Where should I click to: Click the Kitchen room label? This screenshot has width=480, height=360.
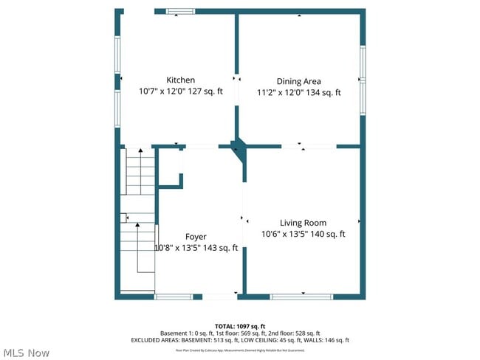click(x=180, y=80)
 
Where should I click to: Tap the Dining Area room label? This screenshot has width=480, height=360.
click(x=298, y=81)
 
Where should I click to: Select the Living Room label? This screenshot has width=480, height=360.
click(x=303, y=223)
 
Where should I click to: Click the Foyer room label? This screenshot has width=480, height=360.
click(x=196, y=237)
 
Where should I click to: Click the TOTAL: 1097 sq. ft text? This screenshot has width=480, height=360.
click(x=240, y=326)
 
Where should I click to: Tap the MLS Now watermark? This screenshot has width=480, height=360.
click(x=26, y=353)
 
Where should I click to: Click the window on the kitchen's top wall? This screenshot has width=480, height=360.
click(x=179, y=11)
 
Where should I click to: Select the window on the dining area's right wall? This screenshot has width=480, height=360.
click(x=363, y=80)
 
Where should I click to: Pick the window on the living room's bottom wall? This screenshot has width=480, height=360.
click(x=301, y=297)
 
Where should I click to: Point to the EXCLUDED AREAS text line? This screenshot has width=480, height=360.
click(x=240, y=340)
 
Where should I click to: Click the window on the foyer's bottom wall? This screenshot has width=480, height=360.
click(x=174, y=297)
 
